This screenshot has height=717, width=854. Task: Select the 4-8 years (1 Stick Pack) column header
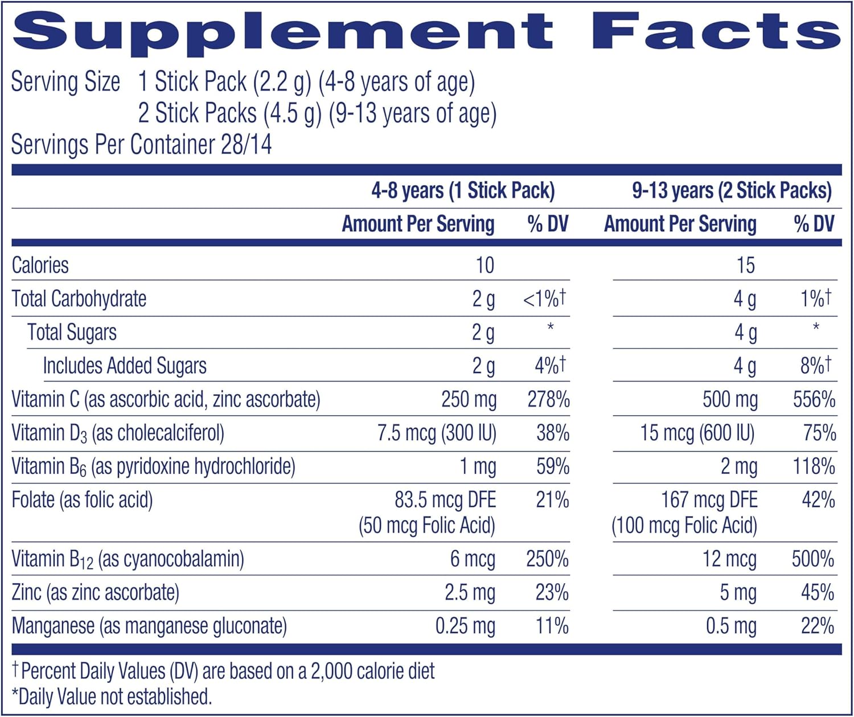[463, 190]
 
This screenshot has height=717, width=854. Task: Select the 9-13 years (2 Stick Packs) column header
[732, 190]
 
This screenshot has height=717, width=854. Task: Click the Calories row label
[40, 265]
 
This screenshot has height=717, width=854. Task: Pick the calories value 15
[745, 265]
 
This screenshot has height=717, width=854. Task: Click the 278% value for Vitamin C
[548, 399]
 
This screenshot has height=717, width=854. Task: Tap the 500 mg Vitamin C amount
[730, 399]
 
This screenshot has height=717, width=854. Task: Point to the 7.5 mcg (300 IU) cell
[437, 433]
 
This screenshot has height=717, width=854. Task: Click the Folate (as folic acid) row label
[83, 500]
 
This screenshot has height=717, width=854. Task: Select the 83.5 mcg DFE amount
[445, 500]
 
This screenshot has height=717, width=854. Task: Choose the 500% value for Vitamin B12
[813, 559]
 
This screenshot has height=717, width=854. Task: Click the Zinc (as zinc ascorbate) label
[95, 592]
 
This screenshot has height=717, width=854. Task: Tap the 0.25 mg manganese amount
[465, 626]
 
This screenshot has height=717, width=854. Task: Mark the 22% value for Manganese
[818, 626]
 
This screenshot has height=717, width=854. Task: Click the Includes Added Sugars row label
[125, 366]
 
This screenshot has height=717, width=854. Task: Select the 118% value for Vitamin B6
[814, 467]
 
